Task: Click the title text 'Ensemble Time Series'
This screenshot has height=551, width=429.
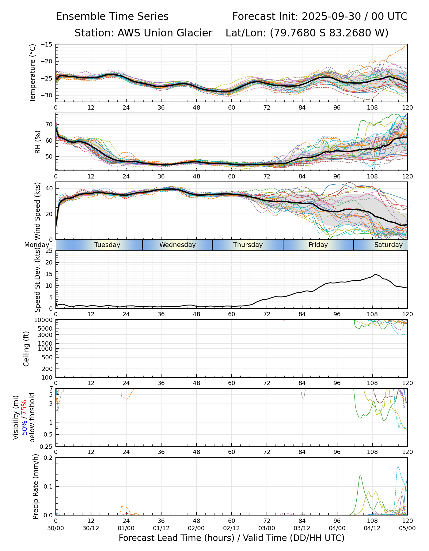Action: (x=112, y=17)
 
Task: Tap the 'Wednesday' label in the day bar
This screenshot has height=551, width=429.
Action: (x=177, y=245)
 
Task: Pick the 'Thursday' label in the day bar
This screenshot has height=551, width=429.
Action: (x=248, y=245)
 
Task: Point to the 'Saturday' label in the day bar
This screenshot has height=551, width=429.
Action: (x=388, y=245)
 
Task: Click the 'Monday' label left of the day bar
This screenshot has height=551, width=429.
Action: (x=36, y=245)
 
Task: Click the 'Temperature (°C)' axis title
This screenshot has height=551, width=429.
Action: (x=33, y=73)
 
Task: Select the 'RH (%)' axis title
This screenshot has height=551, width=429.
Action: (x=38, y=142)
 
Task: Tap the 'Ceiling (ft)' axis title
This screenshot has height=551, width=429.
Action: (x=26, y=349)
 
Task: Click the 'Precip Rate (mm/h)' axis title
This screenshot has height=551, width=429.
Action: (x=36, y=486)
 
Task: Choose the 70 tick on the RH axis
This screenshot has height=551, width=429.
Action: (x=49, y=124)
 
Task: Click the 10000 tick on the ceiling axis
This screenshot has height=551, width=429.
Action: (x=44, y=320)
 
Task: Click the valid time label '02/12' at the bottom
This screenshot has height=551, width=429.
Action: (x=231, y=528)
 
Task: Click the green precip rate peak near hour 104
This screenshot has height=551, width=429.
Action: (x=360, y=475)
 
